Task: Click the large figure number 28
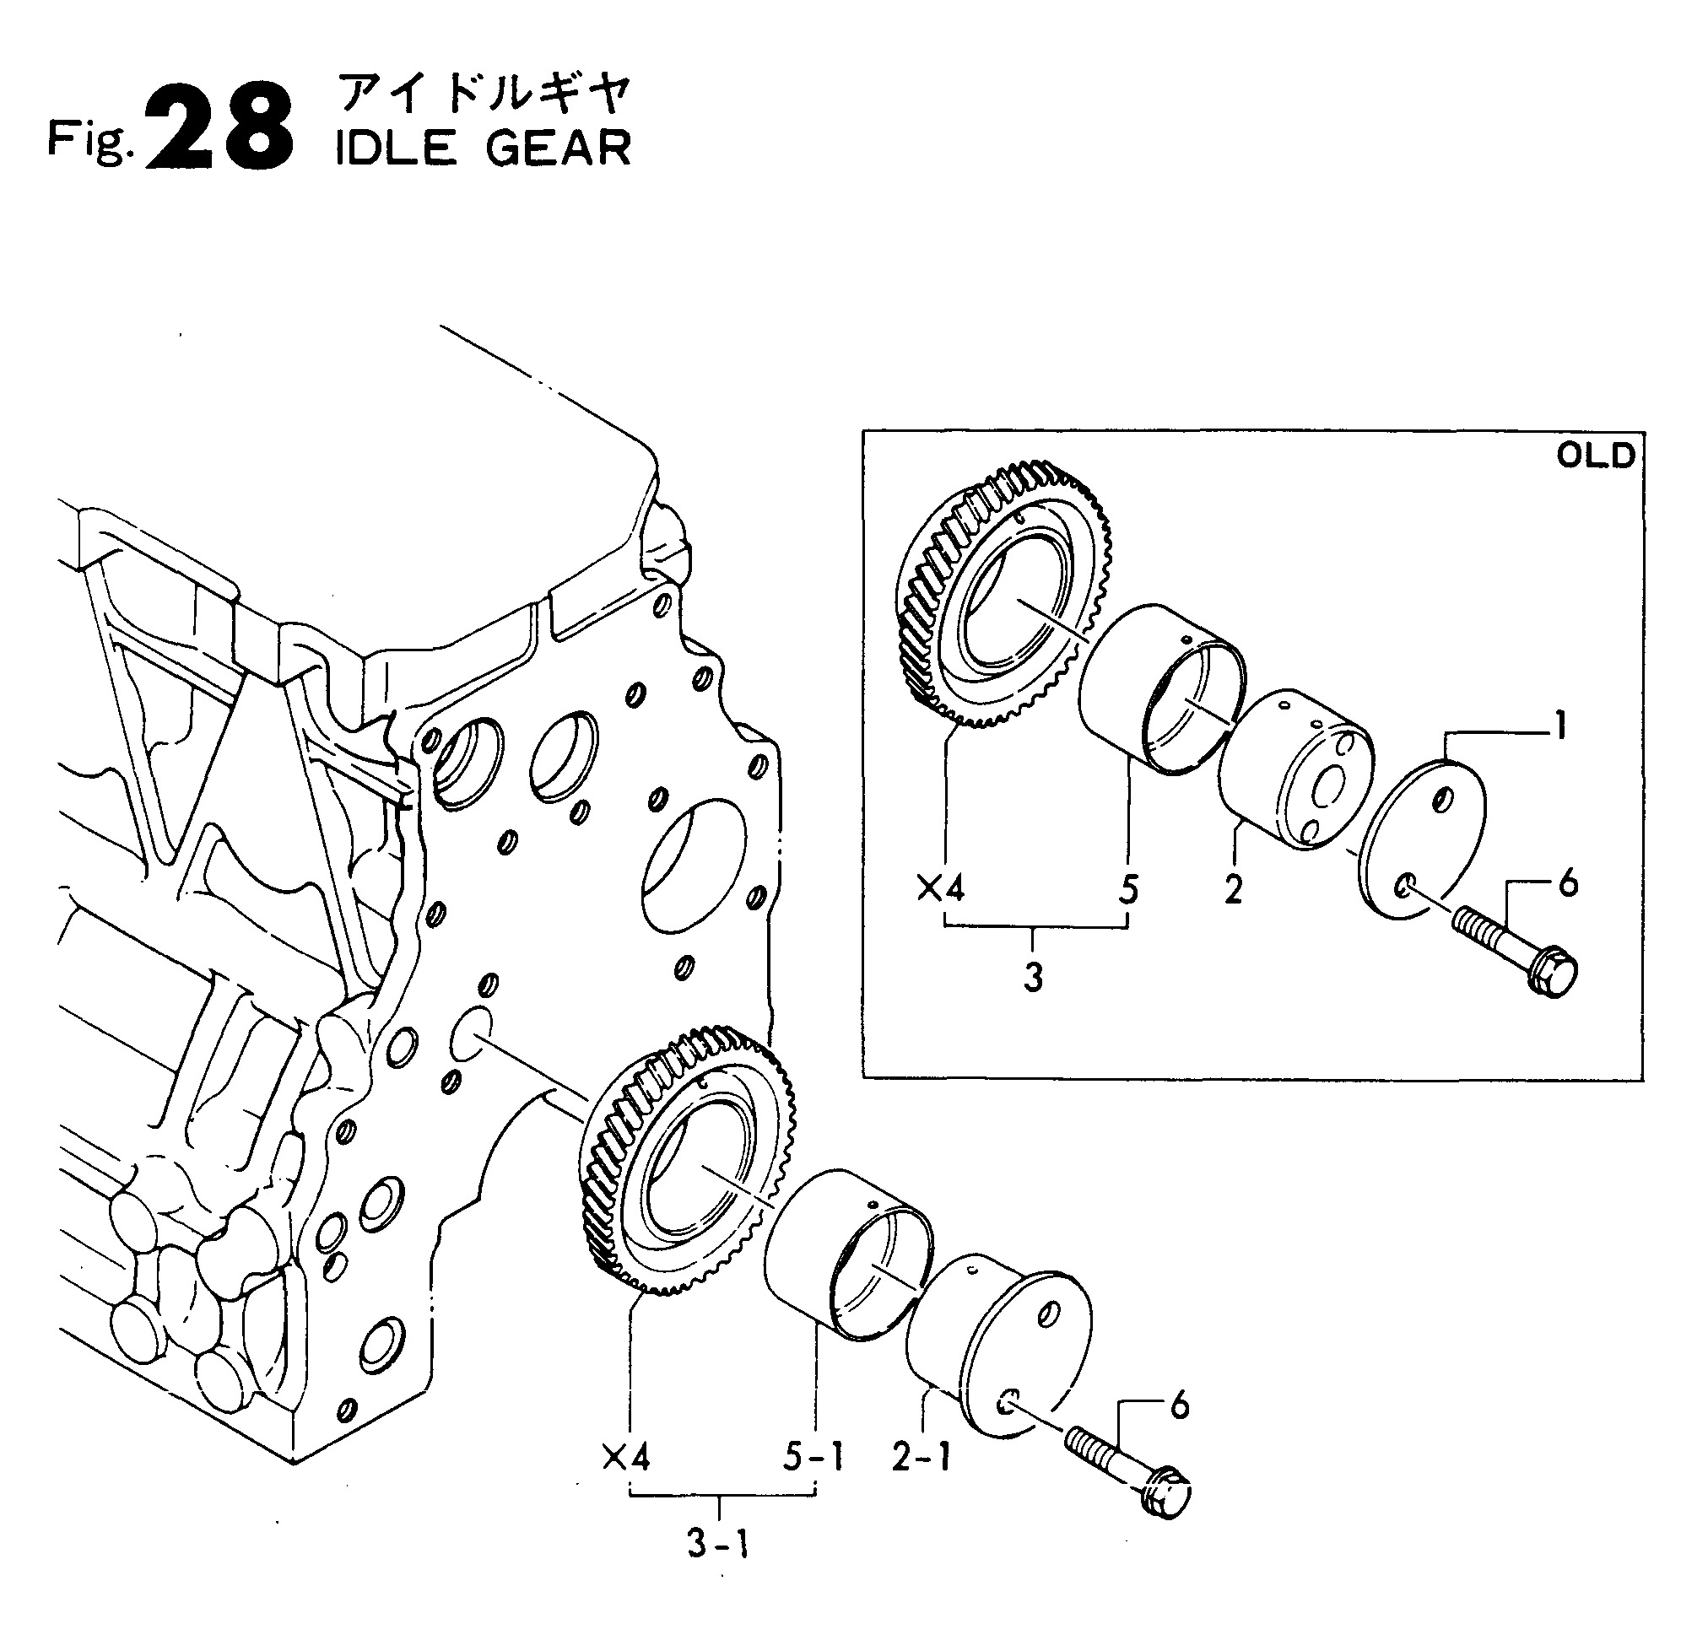click(x=219, y=127)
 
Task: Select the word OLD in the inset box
click(x=1595, y=456)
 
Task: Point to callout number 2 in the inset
click(x=1233, y=889)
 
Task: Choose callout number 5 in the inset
click(x=1129, y=888)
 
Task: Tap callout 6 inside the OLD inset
click(x=1568, y=884)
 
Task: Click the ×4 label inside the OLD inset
click(x=941, y=888)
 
